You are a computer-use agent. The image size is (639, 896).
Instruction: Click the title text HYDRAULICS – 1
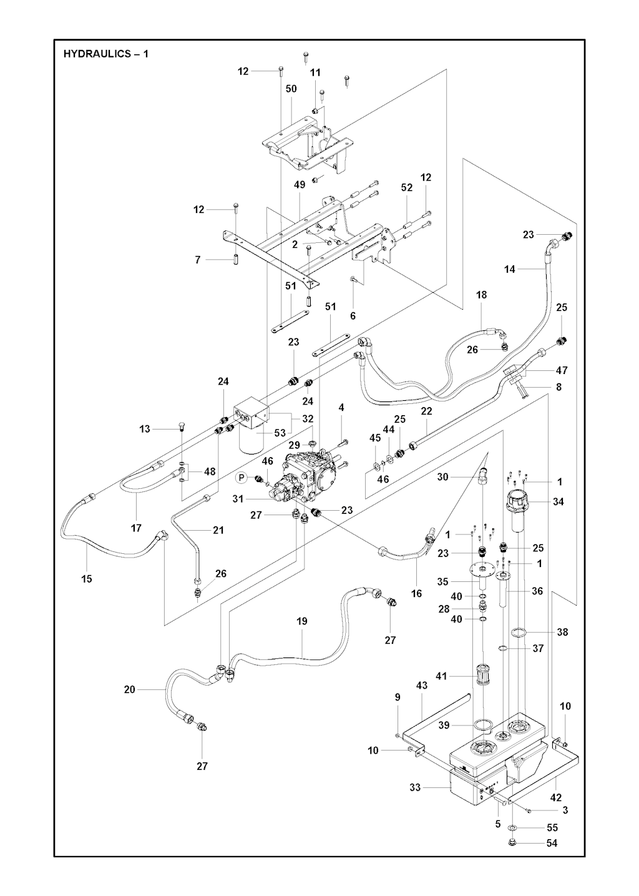coord(106,54)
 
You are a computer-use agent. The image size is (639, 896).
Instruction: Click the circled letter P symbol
coord(241,478)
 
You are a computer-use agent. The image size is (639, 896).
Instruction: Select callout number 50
coord(291,89)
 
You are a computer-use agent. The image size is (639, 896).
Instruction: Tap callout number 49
coord(300,185)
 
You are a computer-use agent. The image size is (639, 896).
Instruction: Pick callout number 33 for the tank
coord(415,787)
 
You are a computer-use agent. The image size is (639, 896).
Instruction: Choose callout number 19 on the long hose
coord(302,621)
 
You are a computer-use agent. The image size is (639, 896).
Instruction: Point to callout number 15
coord(87,579)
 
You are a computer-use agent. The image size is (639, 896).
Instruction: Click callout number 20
coord(130,689)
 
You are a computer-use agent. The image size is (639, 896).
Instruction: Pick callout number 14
coord(510,269)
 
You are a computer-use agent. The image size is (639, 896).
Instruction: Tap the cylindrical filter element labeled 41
coord(482,676)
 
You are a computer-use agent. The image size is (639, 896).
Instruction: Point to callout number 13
coord(145,429)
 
